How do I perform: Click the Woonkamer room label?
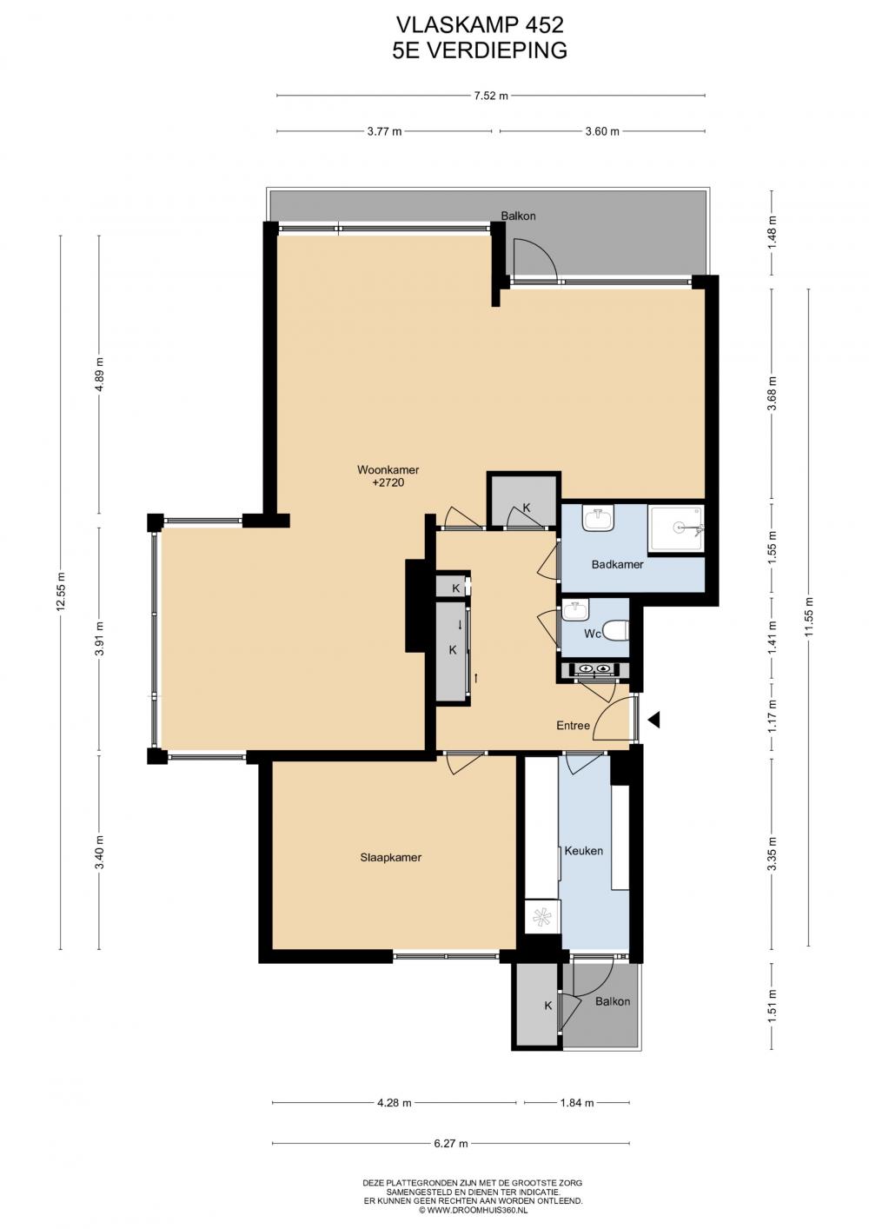pos(388,470)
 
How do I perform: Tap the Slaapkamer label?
pos(390,858)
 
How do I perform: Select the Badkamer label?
pos(617,564)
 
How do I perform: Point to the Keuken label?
pos(584,851)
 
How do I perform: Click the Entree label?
pos(573,726)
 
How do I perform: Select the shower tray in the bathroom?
pos(676,528)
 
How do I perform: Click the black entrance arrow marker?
pos(654,720)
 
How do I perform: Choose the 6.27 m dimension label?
pos(451,1144)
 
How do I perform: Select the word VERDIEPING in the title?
pos(497,50)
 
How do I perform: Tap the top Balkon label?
pos(518,216)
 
